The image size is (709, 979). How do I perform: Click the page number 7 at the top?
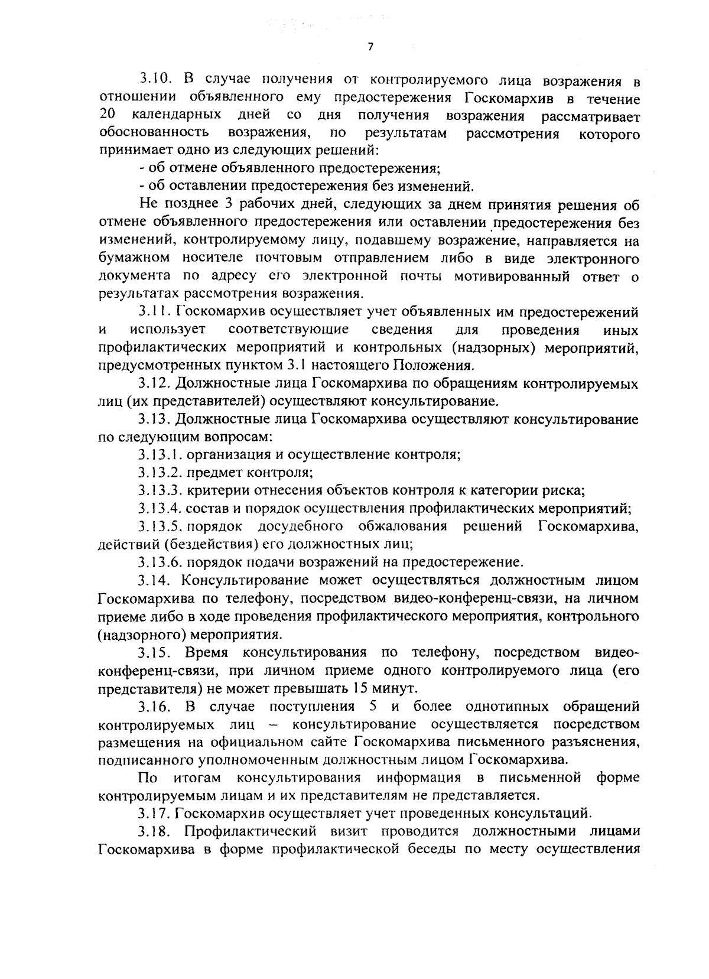coord(370,47)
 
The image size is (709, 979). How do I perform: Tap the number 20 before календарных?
coord(107,113)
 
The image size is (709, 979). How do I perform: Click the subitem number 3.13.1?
coord(160,455)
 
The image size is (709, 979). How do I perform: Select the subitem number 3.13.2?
coord(160,473)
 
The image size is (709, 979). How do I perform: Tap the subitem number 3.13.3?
coord(160,490)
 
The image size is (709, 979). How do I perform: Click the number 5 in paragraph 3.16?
coord(373,707)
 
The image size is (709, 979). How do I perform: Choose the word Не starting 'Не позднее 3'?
coord(148,205)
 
